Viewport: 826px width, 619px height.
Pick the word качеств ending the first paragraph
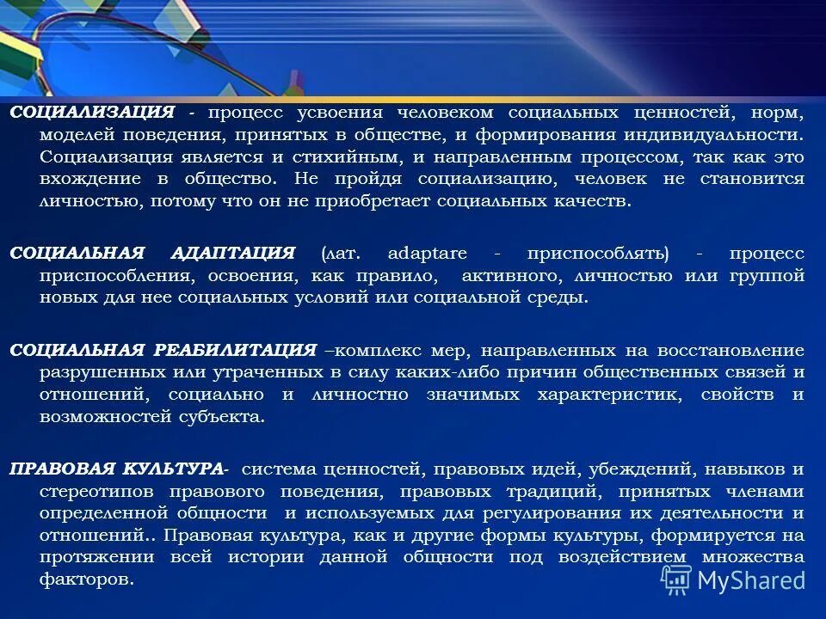(596, 202)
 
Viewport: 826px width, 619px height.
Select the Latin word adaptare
(428, 254)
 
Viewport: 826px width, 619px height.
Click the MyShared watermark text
(750, 579)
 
